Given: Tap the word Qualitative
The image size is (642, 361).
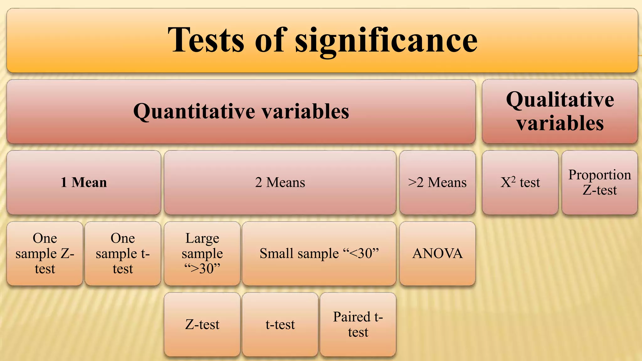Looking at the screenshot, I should [560, 100].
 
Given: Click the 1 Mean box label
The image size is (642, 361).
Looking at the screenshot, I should [84, 182].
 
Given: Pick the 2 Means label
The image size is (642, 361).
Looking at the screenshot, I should [280, 182].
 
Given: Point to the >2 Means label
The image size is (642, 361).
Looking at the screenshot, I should [437, 182].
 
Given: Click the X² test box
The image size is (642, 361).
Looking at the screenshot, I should [520, 182].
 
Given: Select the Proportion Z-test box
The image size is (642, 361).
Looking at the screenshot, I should [600, 182].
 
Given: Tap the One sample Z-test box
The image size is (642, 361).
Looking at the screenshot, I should [45, 254].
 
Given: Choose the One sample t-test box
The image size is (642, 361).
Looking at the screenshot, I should [123, 254].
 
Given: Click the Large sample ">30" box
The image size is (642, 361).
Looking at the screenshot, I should [202, 254].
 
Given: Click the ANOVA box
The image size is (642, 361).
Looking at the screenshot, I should [437, 254].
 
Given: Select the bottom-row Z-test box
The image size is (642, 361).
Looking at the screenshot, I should [202, 325].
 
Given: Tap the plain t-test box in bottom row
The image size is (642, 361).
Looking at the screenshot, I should [280, 325].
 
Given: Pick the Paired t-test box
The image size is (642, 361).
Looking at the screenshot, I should [358, 325].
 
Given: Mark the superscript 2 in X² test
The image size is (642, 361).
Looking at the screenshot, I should [513, 179].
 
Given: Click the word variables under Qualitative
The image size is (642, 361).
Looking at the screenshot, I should [560, 123].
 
